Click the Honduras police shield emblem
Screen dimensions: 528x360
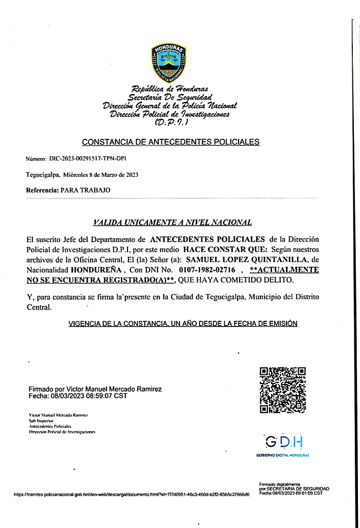(x=168, y=62)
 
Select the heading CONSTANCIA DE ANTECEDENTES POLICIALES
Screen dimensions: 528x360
(x=171, y=142)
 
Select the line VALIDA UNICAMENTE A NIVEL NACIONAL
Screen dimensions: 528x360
(x=172, y=223)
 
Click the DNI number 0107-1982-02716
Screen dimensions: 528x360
(x=207, y=269)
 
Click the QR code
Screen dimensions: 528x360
(x=282, y=390)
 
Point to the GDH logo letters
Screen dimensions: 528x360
(x=284, y=442)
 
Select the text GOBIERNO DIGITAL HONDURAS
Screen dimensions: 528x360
(x=283, y=456)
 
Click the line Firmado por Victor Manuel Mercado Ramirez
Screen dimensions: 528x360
(x=95, y=389)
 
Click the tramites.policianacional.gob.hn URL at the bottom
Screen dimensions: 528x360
(x=132, y=494)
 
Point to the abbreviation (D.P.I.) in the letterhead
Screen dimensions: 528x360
(x=172, y=123)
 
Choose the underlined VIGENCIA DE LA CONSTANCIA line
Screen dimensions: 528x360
(x=183, y=323)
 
